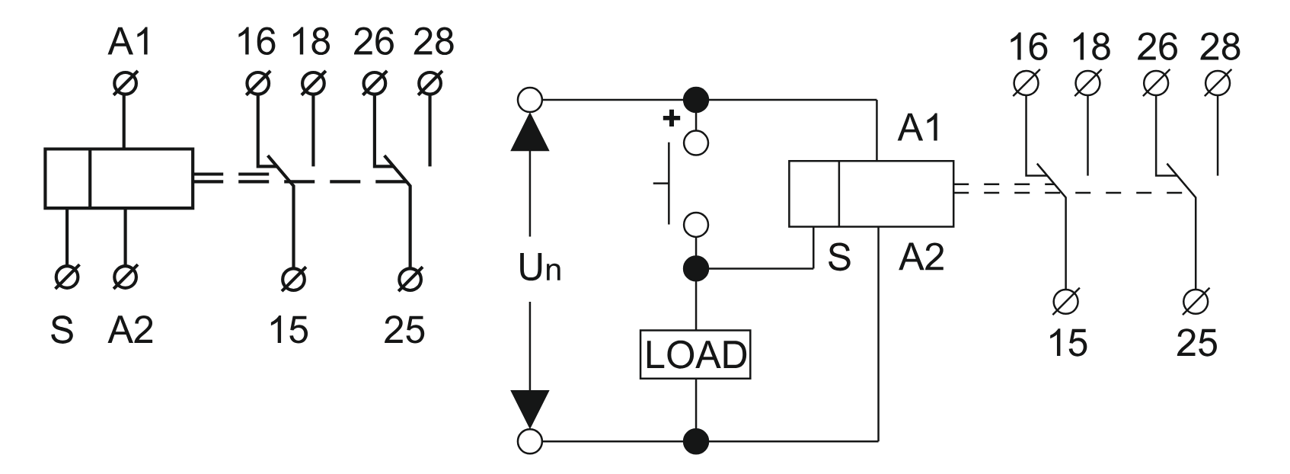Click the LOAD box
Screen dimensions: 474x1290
pyautogui.click(x=695, y=354)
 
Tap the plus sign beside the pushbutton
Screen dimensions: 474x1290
pyautogui.click(x=671, y=119)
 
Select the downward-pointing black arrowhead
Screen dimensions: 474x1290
pyautogui.click(x=530, y=409)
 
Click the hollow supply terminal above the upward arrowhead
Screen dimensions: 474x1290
pyautogui.click(x=530, y=99)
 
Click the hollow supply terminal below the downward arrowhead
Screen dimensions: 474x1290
pyautogui.click(x=530, y=440)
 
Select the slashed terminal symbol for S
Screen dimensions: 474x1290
pyautogui.click(x=66, y=277)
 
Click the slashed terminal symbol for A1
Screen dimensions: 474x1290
pyautogui.click(x=124, y=82)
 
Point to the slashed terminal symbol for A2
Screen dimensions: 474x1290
pyautogui.click(x=124, y=277)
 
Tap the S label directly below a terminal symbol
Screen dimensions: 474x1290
pyautogui.click(x=62, y=330)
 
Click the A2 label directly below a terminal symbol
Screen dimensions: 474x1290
pyautogui.click(x=129, y=330)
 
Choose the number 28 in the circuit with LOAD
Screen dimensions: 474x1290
pyautogui.click(x=1220, y=47)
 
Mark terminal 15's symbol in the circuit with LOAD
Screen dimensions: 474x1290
pyautogui.click(x=1068, y=302)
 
